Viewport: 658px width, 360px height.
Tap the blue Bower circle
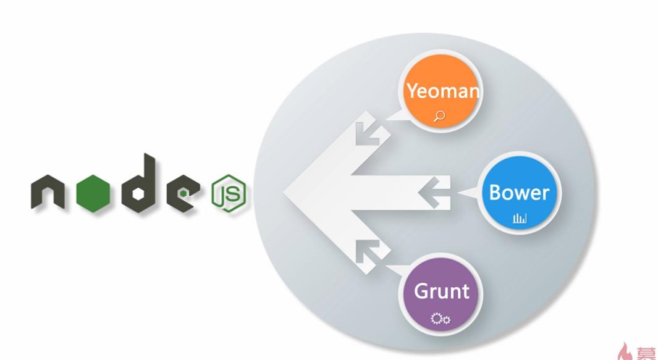click(x=518, y=199)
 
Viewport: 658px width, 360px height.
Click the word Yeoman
click(x=442, y=91)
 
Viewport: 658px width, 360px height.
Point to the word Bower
click(x=518, y=192)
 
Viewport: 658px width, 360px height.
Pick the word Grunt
click(x=441, y=290)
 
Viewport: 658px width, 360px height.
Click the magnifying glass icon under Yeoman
click(x=440, y=115)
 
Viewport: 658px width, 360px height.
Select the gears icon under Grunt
click(x=441, y=319)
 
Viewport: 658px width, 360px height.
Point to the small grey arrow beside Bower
click(x=432, y=192)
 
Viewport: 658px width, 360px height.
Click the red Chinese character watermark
click(x=646, y=353)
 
